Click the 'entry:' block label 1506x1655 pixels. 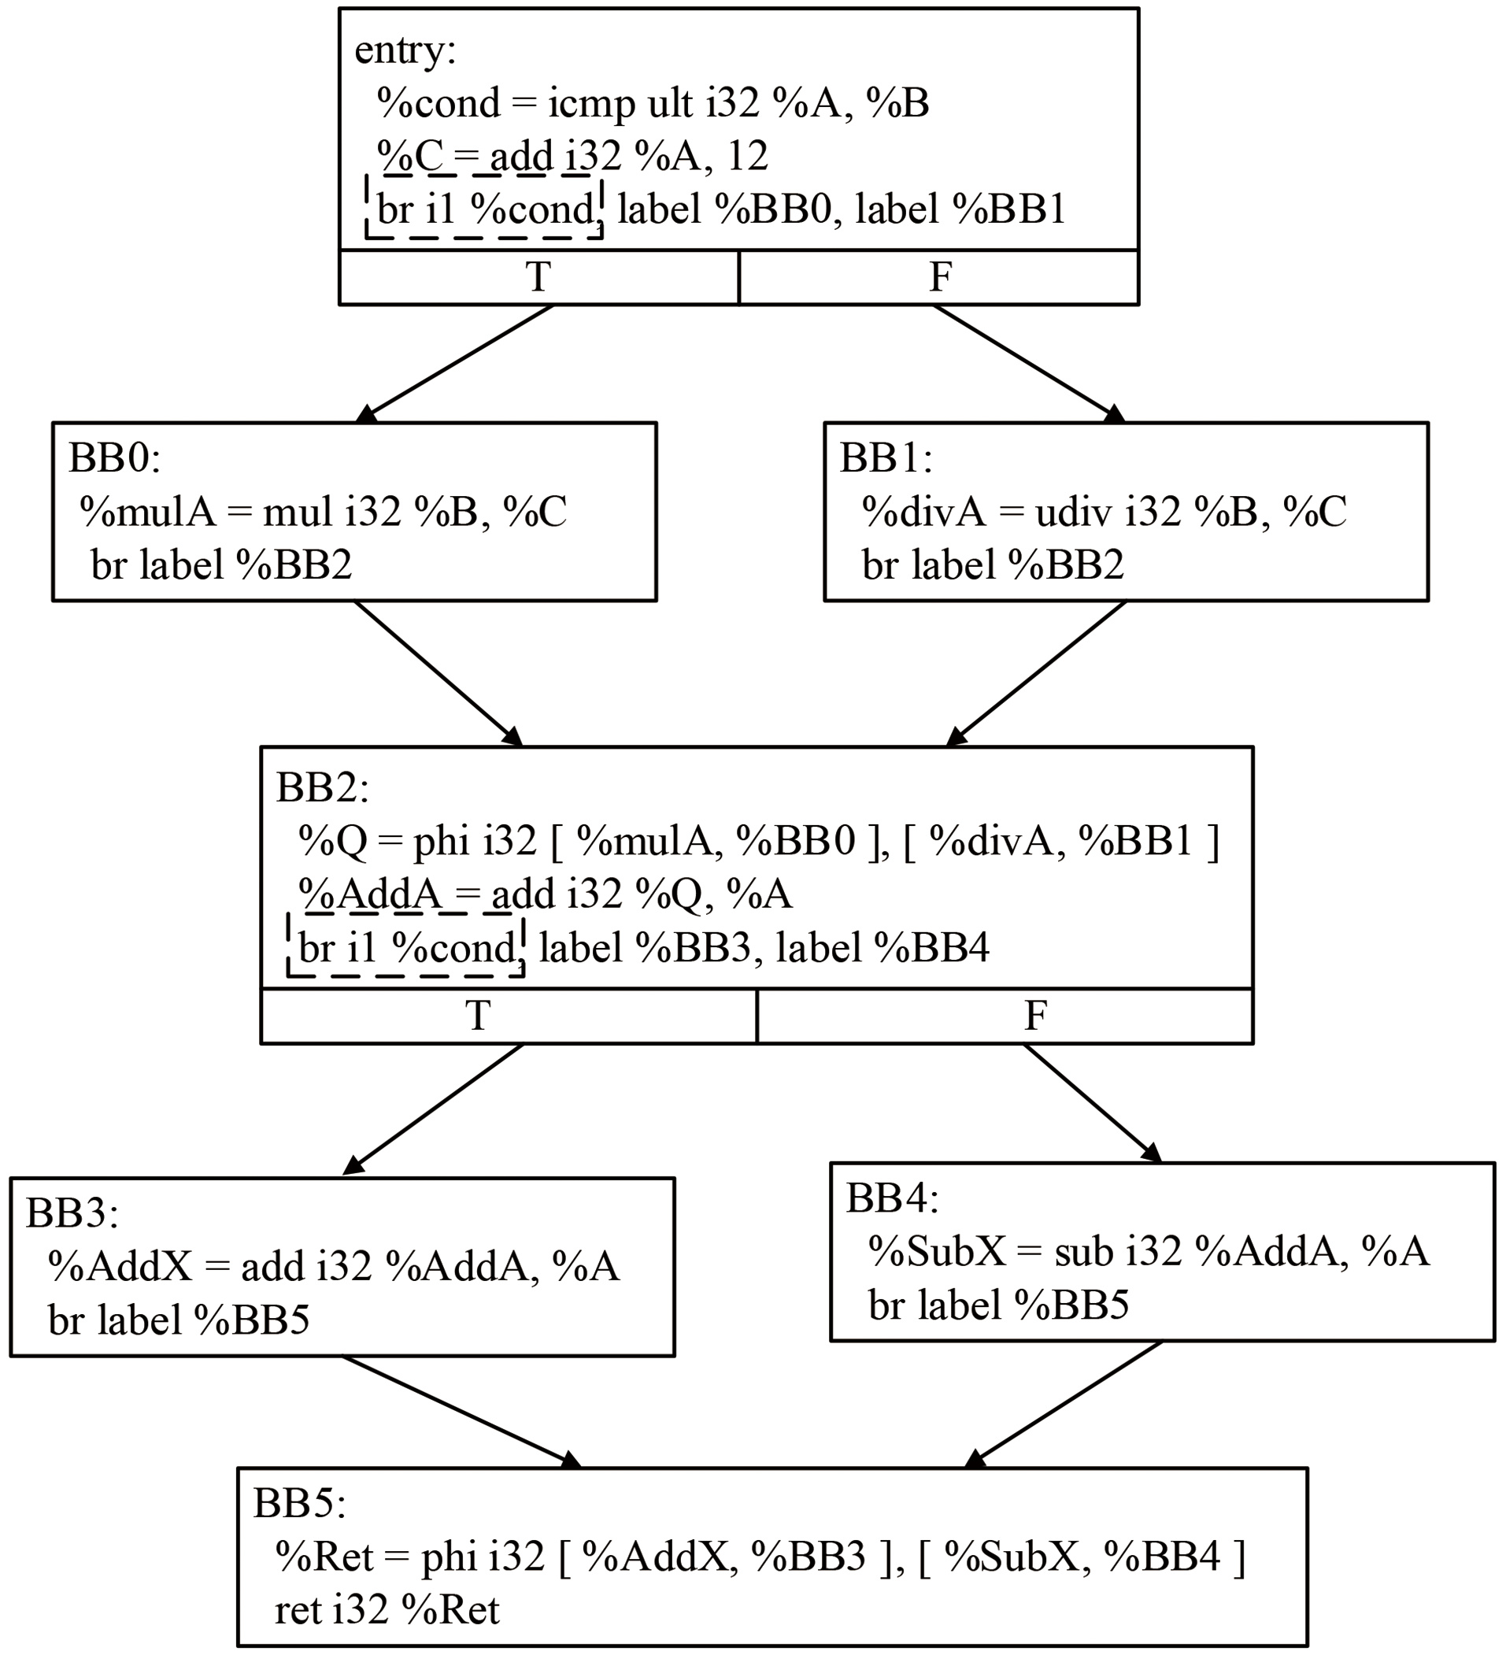coord(405,51)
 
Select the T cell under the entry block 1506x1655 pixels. coord(538,276)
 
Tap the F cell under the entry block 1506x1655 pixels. coord(939,276)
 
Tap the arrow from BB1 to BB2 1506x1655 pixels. coord(1036,673)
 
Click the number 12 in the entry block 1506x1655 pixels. coord(747,156)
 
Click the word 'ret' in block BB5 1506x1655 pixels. coord(298,1611)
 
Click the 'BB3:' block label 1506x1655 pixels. coord(72,1213)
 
